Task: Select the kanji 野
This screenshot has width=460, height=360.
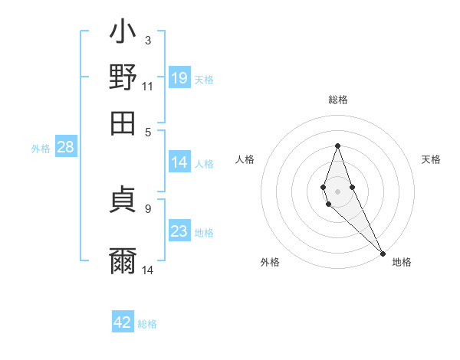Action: click(x=123, y=77)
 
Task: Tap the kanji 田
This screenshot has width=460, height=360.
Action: click(x=123, y=123)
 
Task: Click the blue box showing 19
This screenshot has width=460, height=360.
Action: click(x=179, y=77)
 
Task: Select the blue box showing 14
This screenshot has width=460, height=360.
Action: click(x=179, y=162)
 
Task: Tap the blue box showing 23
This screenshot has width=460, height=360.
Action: click(x=179, y=231)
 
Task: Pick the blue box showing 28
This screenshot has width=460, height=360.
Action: click(x=65, y=148)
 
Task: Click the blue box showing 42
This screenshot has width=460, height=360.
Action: click(x=123, y=322)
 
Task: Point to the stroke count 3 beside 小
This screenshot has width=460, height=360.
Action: click(x=148, y=40)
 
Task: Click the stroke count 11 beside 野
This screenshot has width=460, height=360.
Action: click(x=148, y=86)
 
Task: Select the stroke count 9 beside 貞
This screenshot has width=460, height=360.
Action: click(x=148, y=208)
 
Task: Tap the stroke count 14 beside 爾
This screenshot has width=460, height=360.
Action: click(x=148, y=269)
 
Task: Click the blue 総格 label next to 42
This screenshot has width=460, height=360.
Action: click(x=147, y=324)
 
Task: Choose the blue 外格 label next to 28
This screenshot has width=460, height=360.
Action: click(x=41, y=149)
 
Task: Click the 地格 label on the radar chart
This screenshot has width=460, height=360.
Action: click(x=402, y=262)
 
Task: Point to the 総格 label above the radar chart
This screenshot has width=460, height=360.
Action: click(x=338, y=100)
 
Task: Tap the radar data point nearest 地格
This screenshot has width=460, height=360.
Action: click(x=382, y=253)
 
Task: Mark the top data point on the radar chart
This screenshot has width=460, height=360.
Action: click(x=337, y=146)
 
